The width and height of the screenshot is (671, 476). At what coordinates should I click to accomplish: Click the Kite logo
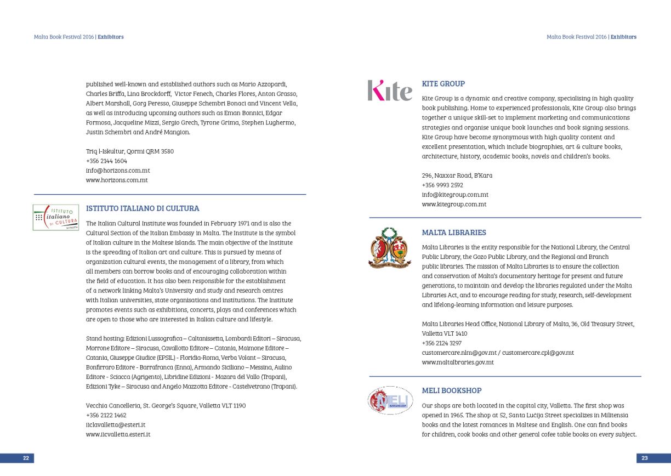pos(390,91)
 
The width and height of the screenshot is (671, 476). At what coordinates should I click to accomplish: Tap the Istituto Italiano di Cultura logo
pos(55,217)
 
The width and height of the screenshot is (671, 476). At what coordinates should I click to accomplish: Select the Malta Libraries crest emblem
pos(389,247)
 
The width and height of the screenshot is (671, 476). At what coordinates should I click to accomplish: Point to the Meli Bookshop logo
pos(390,400)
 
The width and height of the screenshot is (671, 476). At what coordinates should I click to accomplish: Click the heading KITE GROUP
pos(443,84)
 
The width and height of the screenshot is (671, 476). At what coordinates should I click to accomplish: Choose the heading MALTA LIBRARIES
pos(454,233)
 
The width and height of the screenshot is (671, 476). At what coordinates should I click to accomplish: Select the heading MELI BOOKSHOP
pos(452,390)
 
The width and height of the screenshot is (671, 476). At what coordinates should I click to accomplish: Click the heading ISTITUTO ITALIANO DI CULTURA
pos(143,208)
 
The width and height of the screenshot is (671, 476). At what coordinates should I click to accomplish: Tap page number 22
pos(26,458)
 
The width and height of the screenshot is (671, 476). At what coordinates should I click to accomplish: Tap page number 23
pos(645,458)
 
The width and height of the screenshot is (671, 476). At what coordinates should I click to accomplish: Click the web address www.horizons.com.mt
pos(117,180)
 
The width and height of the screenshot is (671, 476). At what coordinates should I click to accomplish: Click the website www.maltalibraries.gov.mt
pos(458,362)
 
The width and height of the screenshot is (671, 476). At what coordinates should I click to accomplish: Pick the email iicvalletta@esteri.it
pos(116,424)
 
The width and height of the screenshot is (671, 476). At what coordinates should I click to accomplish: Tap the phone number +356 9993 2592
pos(442,185)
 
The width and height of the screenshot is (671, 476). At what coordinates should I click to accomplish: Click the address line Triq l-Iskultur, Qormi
pos(130,151)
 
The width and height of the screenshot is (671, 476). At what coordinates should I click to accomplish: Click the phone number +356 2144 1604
pos(106,161)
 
